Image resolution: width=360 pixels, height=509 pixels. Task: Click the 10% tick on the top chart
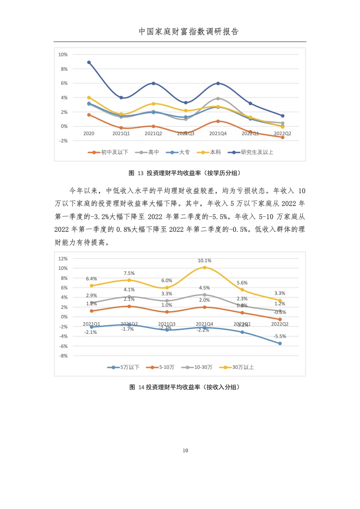click(x=63, y=54)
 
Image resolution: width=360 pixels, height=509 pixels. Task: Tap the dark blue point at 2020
click(x=89, y=62)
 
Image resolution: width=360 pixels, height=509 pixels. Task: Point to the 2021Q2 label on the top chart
click(x=153, y=133)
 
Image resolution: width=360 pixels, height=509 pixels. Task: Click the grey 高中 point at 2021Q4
click(x=218, y=98)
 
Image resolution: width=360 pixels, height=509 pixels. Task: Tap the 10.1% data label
click(x=204, y=260)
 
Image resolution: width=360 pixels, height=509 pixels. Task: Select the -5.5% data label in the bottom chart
click(x=280, y=336)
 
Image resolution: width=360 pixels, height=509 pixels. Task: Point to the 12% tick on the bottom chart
click(x=63, y=258)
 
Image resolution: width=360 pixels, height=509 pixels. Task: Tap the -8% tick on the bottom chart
click(x=63, y=356)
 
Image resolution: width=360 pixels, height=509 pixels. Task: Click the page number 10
click(x=185, y=450)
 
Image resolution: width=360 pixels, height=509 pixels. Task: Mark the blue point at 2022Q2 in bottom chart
click(x=280, y=343)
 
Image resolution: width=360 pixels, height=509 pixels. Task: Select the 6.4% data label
click(x=91, y=279)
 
